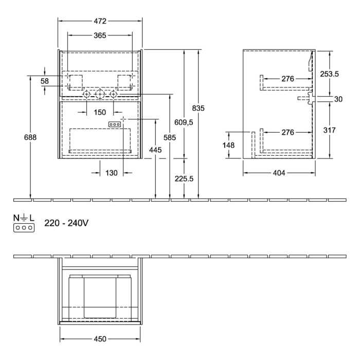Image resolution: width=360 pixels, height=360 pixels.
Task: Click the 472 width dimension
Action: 100,21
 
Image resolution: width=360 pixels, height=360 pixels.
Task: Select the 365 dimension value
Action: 100,35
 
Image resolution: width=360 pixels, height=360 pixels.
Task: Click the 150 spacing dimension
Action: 99,112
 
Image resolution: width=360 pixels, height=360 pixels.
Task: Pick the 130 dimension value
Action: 112,173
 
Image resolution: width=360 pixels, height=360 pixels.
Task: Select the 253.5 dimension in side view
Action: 329,74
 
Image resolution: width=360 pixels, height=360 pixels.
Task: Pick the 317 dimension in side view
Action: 329,130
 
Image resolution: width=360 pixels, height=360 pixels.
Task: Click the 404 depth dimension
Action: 278,173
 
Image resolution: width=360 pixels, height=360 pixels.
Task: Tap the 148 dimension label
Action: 228,146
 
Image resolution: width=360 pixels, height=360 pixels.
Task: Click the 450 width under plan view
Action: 100,339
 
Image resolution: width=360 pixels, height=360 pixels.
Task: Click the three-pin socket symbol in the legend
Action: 24,227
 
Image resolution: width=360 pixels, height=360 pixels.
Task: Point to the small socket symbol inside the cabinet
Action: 114,124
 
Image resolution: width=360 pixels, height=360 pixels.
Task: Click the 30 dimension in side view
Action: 337,99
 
